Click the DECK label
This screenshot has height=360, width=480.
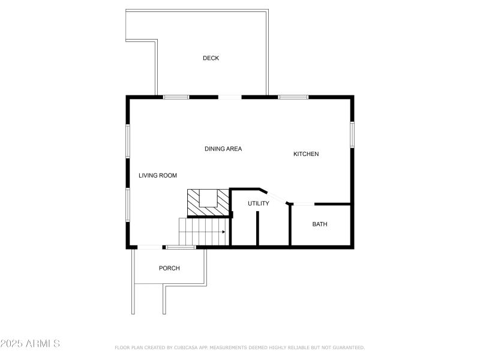211,58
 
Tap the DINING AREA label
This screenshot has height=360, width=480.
223,149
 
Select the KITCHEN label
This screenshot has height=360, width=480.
306,154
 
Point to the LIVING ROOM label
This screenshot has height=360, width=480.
158,175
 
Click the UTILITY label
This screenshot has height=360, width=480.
259,203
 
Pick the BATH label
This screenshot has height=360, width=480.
320,224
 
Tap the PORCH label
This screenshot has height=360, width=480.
169,268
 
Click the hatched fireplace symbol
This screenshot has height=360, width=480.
208,202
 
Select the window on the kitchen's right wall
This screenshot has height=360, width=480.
352,134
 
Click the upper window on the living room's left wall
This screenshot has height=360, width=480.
128,141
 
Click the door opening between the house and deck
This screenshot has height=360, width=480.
230,97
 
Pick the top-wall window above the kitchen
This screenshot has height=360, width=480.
293,97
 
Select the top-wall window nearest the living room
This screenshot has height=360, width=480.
176,97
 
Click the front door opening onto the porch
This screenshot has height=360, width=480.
149,247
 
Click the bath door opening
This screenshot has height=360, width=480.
304,205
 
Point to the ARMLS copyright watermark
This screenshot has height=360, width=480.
30,344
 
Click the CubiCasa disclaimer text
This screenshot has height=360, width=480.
239,347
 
